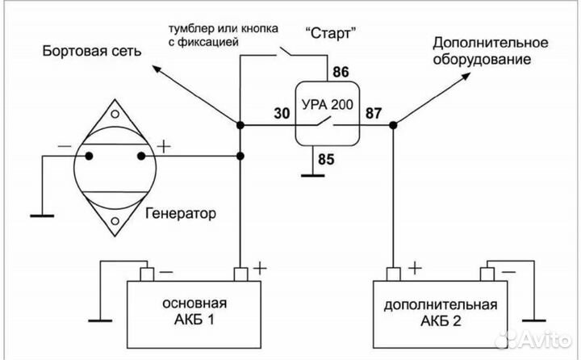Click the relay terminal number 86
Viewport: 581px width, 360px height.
tap(341, 73)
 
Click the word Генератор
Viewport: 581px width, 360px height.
tap(182, 216)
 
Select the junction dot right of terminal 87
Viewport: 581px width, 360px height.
tap(393, 125)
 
